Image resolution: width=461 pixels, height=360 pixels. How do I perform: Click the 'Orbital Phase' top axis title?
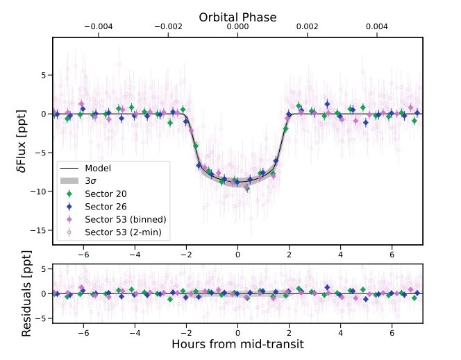(x=237, y=17)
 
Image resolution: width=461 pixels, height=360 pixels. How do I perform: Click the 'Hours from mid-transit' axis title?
(x=237, y=344)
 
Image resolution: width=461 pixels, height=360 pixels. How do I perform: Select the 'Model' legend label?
(x=98, y=168)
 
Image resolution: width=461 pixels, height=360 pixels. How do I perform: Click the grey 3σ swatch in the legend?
(x=69, y=181)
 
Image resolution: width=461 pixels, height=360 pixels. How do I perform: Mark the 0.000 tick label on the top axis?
(x=237, y=27)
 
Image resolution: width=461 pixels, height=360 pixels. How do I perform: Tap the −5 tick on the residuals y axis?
(x=42, y=318)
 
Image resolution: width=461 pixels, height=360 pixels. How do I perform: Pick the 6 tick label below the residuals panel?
(x=392, y=332)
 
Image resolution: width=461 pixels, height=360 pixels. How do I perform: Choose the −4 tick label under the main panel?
(x=134, y=255)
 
